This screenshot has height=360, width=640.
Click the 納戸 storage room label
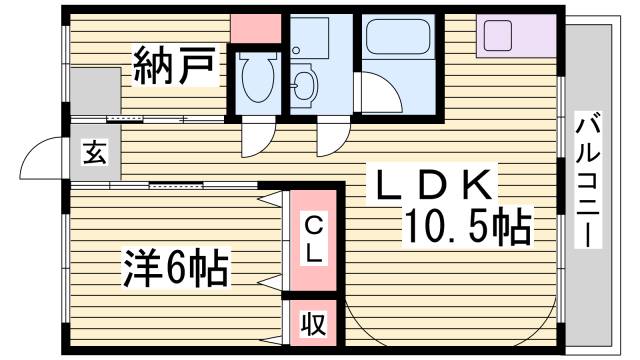[x=174, y=68]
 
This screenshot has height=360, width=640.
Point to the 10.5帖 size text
[x=466, y=228]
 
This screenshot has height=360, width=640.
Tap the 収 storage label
[x=314, y=324]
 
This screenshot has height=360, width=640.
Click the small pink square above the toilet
[x=256, y=29]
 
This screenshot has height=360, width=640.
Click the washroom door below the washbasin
[x=328, y=139]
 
